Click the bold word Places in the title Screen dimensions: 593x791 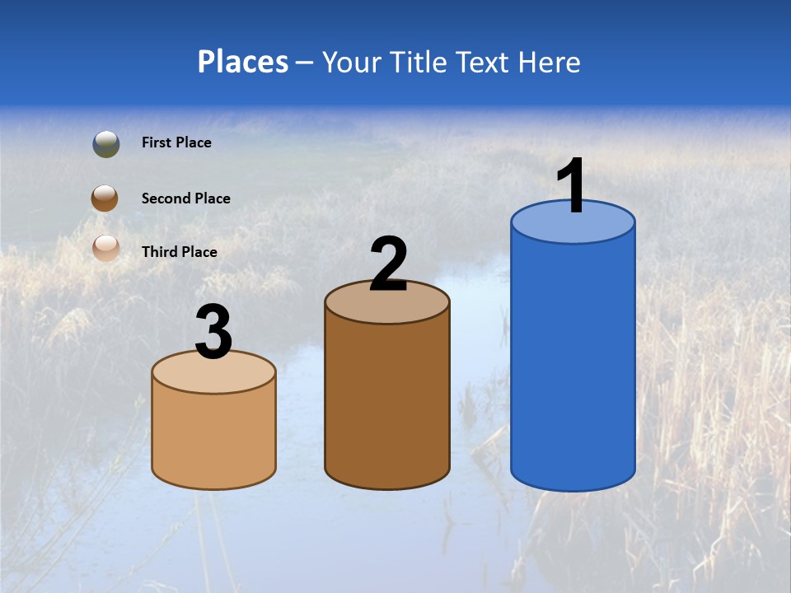243,62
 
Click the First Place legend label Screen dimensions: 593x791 176,142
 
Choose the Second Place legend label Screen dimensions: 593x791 185,198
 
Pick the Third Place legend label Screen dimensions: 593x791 179,252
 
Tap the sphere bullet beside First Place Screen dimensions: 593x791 106,144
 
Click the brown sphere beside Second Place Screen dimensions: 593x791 106,198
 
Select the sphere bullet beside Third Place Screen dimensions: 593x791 106,248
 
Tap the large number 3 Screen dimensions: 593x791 213,332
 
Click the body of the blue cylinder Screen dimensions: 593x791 573,362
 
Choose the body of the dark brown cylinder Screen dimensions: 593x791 387,404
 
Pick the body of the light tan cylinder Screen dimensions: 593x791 213,437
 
